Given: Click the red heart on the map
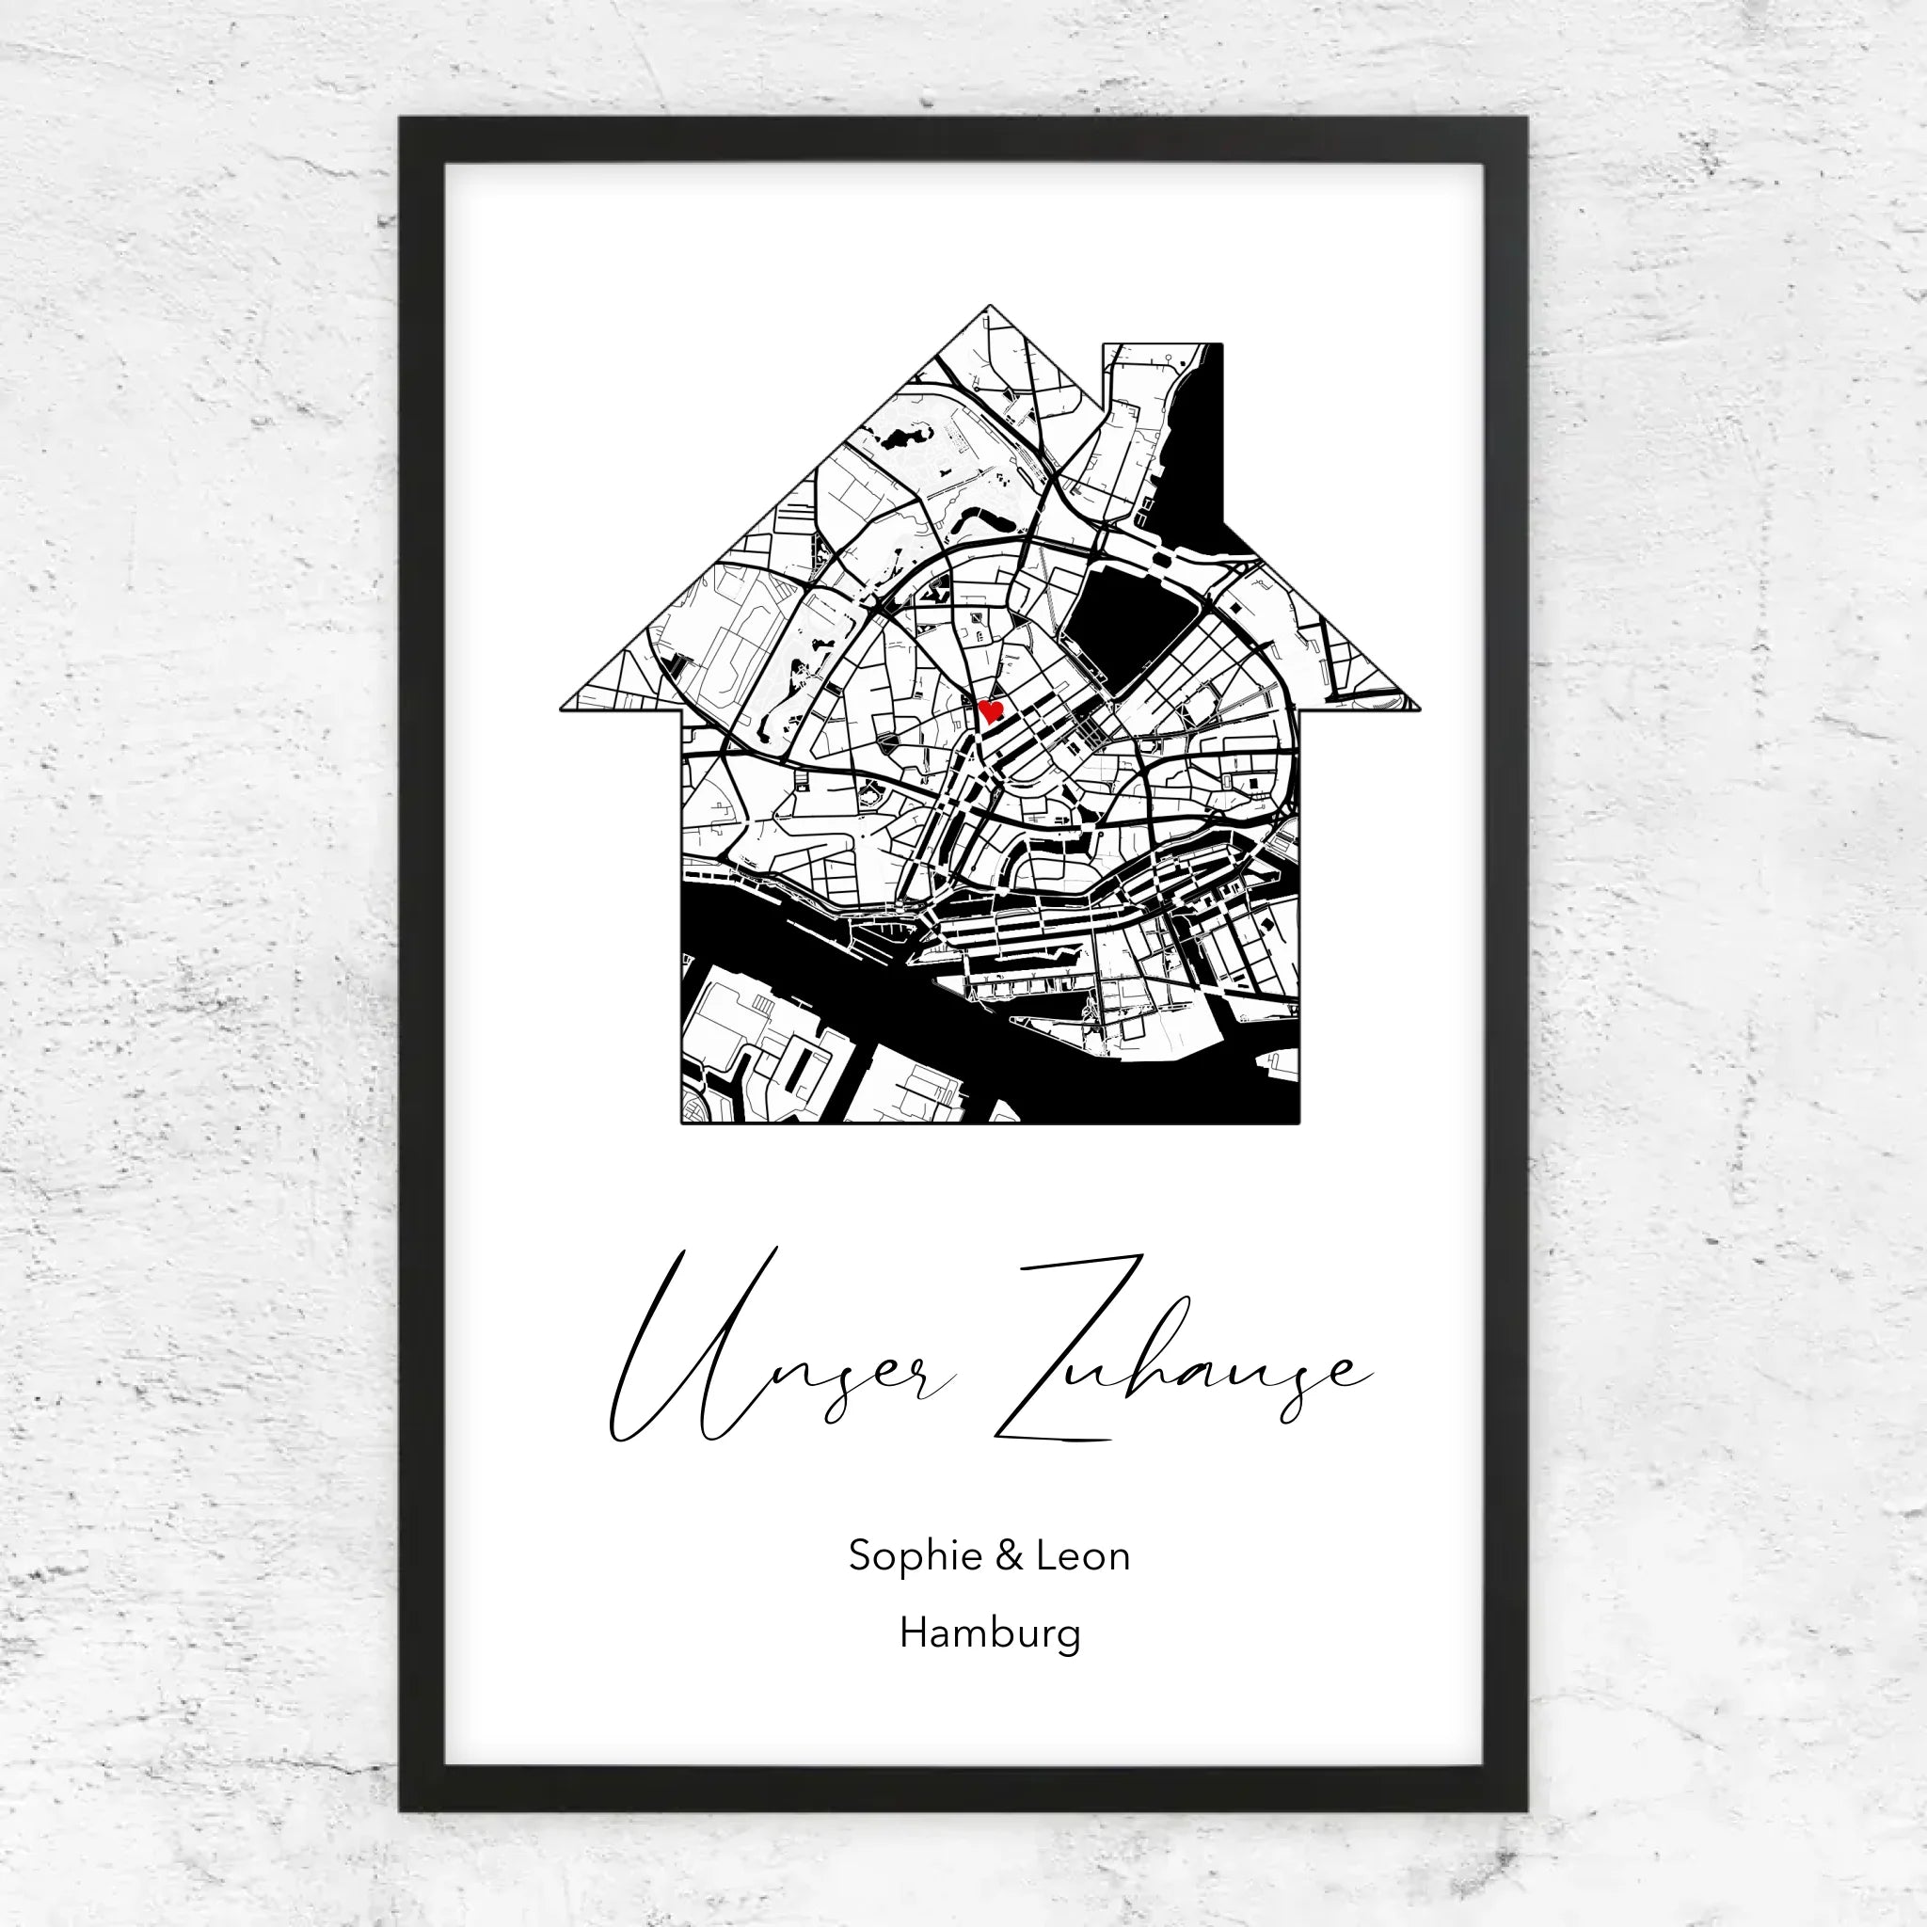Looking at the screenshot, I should coord(991,711).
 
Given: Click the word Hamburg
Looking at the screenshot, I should coord(990,1633).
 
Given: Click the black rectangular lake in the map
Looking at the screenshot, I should coord(1127,618).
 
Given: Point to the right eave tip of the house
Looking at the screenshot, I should coord(1416,709).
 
